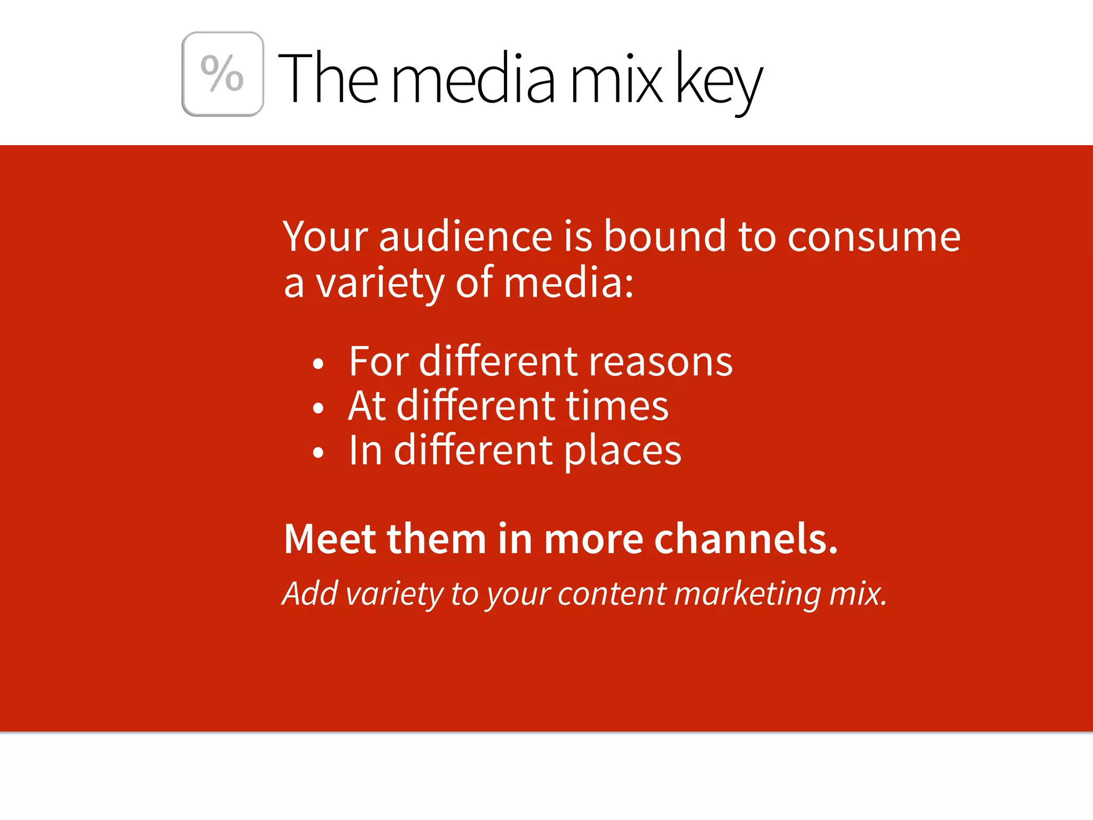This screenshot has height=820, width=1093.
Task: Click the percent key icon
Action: coord(223,74)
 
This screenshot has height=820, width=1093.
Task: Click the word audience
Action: coord(465,236)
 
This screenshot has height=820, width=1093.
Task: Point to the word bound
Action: coord(664,236)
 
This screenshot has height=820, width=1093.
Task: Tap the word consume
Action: coord(874,237)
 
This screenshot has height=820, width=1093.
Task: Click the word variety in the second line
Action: coord(379,284)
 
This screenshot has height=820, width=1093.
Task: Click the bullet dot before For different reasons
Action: coord(319,364)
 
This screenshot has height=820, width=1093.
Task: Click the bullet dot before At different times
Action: coord(319,408)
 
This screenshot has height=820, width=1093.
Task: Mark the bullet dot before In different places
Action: coord(319,453)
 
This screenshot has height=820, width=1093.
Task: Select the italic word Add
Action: coord(310,593)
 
